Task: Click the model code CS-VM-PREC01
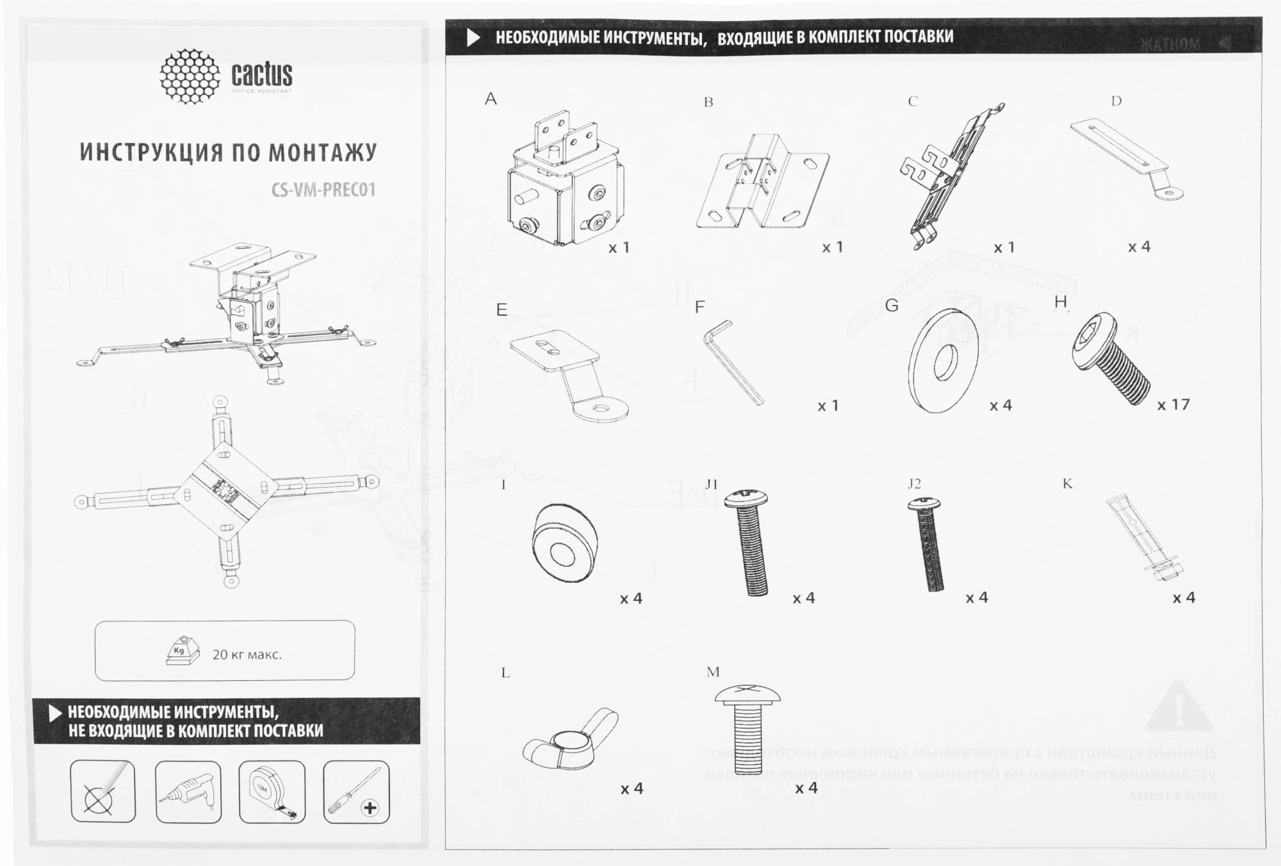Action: (x=323, y=190)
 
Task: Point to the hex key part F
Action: (x=734, y=363)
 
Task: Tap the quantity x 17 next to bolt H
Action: (x=1173, y=405)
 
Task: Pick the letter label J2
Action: (x=915, y=484)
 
